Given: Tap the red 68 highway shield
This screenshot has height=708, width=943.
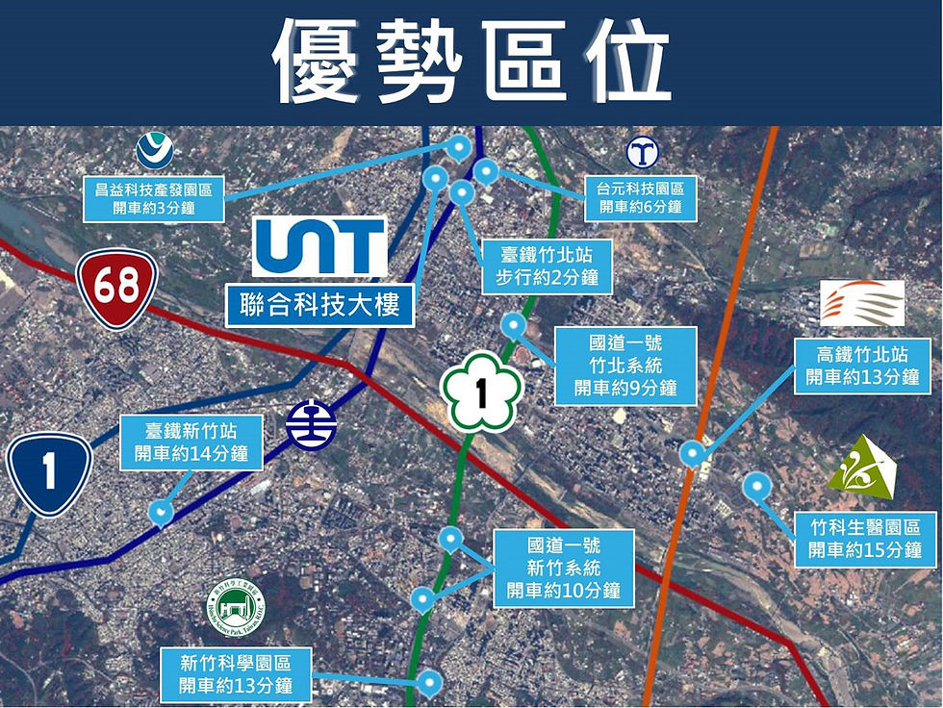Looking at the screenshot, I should click(116, 288).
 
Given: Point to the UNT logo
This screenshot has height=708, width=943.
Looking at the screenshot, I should click(319, 246).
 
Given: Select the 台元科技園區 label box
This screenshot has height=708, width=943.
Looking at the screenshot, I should click(641, 199).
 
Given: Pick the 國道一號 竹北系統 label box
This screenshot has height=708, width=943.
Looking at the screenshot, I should click(625, 367).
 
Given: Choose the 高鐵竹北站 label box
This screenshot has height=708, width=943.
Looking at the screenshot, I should click(867, 366).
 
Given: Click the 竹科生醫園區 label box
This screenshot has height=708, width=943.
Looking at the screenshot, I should click(866, 539).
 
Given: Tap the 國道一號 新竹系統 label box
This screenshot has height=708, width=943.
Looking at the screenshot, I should click(564, 568).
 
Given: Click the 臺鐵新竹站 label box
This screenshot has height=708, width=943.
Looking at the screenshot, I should click(191, 442).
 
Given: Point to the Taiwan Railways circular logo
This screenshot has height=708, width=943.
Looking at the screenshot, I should click(312, 424).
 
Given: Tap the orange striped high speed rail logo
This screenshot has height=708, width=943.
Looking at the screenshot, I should click(862, 303).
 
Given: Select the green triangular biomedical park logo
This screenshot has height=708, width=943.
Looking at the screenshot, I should click(861, 468).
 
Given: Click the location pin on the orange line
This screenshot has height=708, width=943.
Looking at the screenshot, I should click(691, 452).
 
